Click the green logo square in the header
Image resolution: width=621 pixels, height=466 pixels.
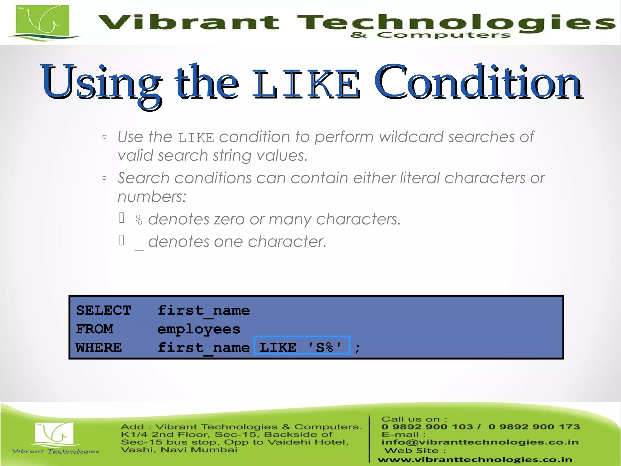click(x=42, y=21)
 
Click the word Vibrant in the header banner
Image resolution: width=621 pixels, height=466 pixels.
click(x=188, y=22)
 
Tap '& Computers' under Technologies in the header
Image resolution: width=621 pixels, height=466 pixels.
click(x=430, y=35)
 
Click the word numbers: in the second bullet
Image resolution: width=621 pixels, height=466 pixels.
click(x=152, y=197)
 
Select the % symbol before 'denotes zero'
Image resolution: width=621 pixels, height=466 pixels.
click(x=139, y=220)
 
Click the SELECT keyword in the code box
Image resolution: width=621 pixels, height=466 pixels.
click(x=103, y=310)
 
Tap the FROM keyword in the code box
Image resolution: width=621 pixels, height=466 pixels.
click(x=95, y=329)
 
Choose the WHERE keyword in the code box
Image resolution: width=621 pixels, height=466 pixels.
click(x=99, y=348)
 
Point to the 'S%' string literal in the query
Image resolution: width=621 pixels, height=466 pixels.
click(x=325, y=347)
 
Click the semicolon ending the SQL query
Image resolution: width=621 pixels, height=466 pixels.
click(x=358, y=348)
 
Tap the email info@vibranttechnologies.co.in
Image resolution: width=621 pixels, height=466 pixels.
click(x=480, y=442)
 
